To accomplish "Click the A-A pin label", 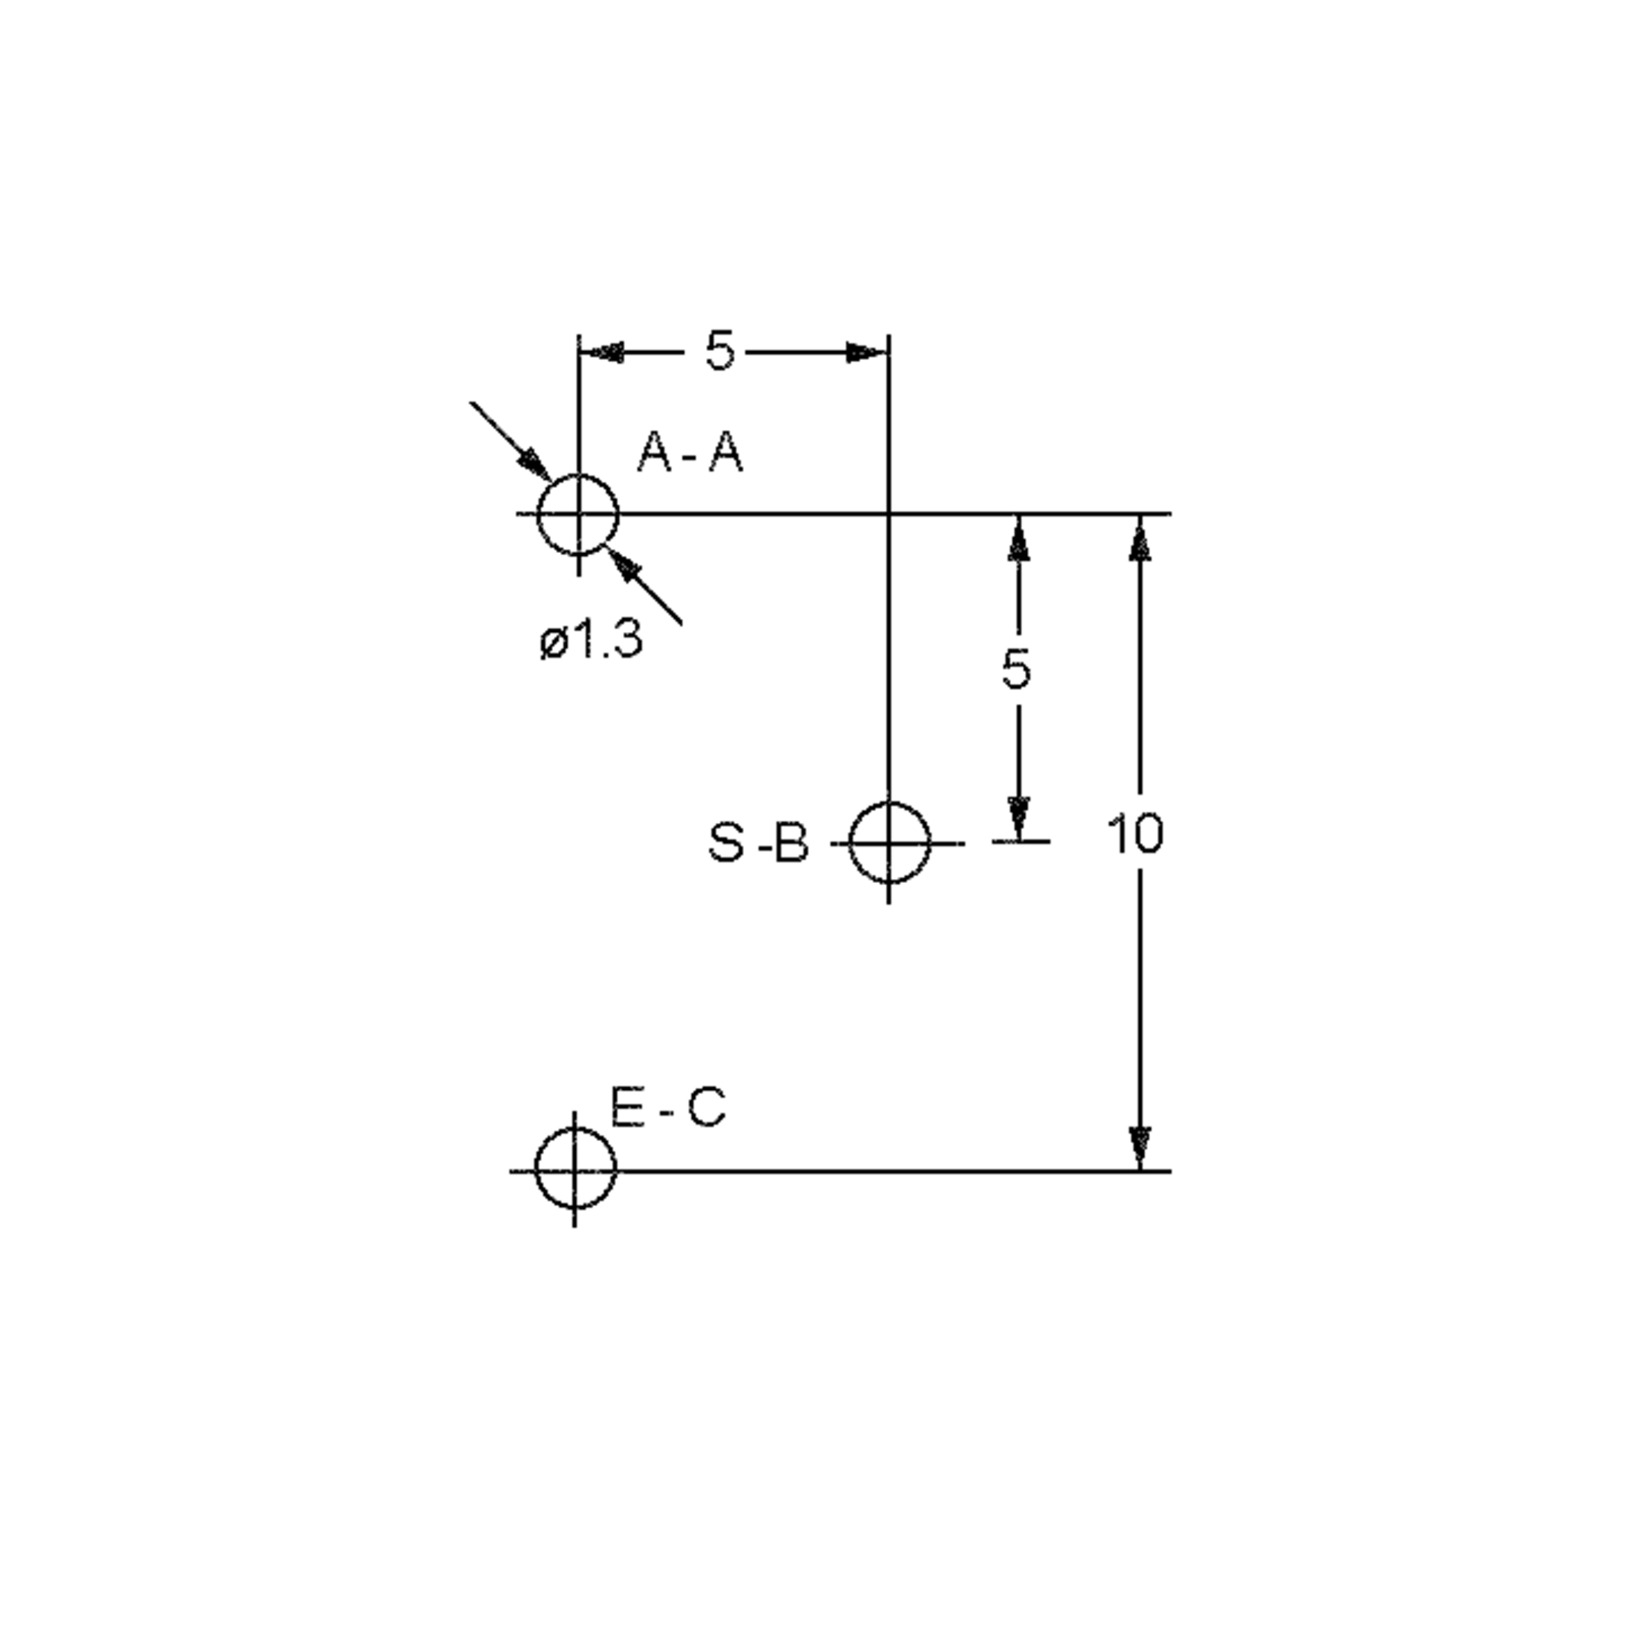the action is click(689, 452).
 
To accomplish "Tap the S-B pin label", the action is click(758, 845).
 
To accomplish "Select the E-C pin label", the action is click(668, 1109).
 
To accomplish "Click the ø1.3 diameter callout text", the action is click(591, 639).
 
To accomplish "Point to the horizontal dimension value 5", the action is click(719, 351).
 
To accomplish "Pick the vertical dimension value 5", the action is click(1016, 670).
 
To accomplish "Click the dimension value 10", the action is click(1134, 835).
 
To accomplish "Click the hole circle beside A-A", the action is click(578, 474).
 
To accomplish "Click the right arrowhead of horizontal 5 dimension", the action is click(867, 352).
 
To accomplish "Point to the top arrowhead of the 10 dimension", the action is click(1140, 537).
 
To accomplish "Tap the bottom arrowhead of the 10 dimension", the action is click(1140, 1148).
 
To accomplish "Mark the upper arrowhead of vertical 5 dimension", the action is click(1019, 537).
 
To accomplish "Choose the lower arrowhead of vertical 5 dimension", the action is click(1019, 819).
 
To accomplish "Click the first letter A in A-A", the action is click(656, 452).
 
